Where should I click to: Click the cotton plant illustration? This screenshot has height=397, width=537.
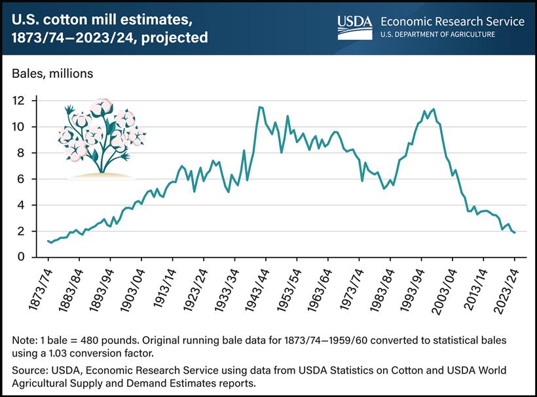click(x=101, y=137)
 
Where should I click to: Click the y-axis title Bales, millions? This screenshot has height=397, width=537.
click(x=52, y=74)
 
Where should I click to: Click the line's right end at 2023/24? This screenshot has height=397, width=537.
click(x=515, y=232)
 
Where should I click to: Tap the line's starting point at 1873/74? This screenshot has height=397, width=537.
click(x=48, y=241)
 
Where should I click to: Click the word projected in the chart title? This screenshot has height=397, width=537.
click(x=172, y=38)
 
